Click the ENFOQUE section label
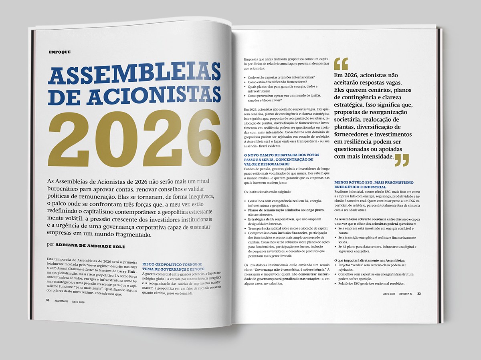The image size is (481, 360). point(59,52)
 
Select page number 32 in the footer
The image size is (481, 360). point(47,300)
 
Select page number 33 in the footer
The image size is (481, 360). point(419,294)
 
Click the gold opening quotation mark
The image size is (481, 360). point(341,64)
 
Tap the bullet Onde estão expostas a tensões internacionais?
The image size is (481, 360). point(281,77)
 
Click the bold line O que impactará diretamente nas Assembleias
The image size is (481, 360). point(370,261)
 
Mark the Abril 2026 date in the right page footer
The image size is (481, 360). point(388,294)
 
